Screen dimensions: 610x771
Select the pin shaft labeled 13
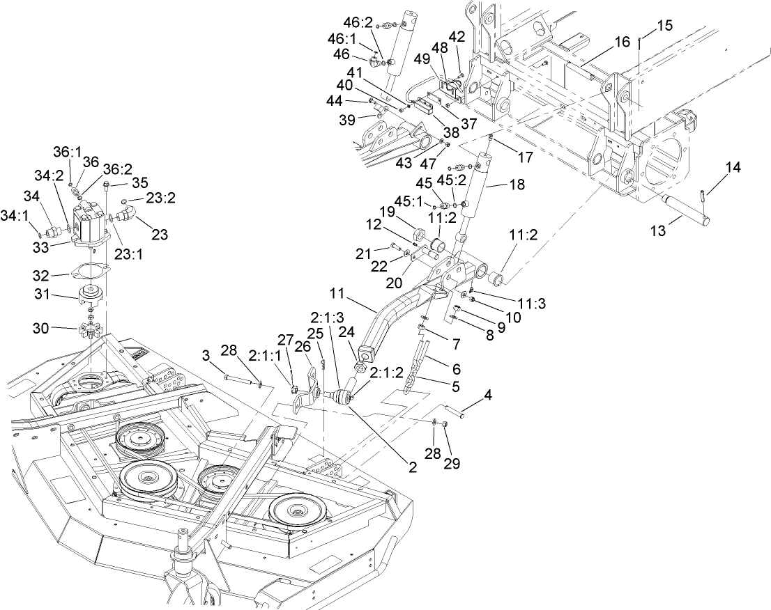(687, 210)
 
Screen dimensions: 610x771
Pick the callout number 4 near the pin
(487, 395)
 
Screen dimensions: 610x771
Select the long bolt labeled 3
(238, 380)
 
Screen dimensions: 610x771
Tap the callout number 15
(664, 25)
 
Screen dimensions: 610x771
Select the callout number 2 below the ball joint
(413, 469)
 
